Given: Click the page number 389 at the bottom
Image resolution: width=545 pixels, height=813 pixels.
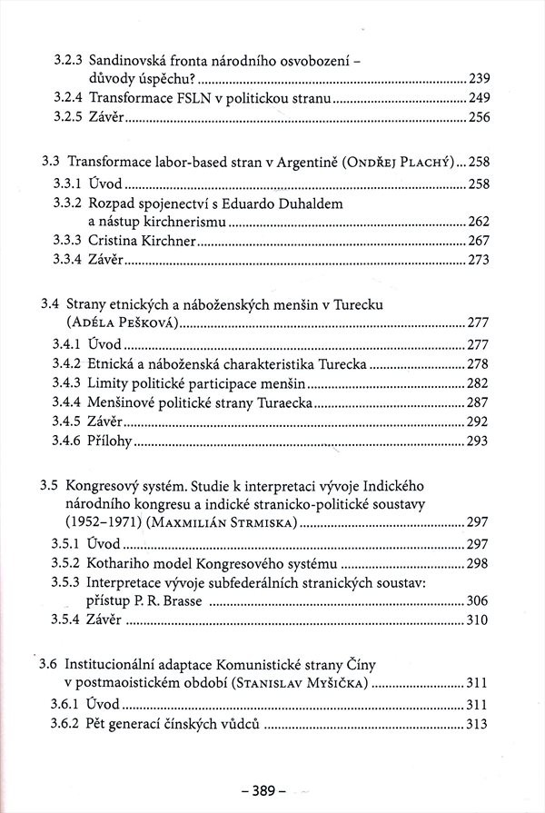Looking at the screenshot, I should coord(272,790).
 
